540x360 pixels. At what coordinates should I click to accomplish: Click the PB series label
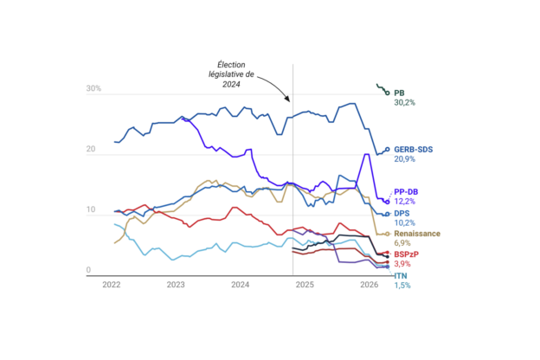click(399, 93)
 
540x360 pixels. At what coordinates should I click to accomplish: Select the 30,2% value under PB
click(405, 103)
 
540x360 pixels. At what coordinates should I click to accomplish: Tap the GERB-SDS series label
click(414, 150)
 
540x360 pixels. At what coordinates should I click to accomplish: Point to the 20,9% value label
click(405, 159)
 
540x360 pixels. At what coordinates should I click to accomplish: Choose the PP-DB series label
click(406, 192)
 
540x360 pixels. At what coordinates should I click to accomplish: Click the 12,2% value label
click(405, 202)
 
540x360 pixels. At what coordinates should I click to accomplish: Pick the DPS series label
click(402, 214)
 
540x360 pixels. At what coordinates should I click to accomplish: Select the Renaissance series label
click(417, 234)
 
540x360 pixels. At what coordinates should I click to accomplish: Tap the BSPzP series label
click(407, 254)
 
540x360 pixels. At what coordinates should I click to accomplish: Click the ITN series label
click(401, 276)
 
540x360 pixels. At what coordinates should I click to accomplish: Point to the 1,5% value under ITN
click(402, 286)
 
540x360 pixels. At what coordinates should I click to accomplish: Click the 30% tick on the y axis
click(93, 88)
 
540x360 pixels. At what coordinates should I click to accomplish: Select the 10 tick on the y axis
click(91, 209)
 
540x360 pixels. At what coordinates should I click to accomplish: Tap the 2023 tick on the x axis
click(176, 285)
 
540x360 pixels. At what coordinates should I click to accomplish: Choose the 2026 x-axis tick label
click(370, 285)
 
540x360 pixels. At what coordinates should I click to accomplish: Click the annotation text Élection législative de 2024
click(231, 74)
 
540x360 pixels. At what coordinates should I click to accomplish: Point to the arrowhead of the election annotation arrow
click(287, 99)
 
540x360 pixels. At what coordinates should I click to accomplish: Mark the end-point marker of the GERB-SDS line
click(388, 149)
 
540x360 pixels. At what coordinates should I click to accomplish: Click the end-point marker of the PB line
click(388, 93)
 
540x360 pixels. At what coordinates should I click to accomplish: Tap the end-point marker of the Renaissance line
click(388, 234)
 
